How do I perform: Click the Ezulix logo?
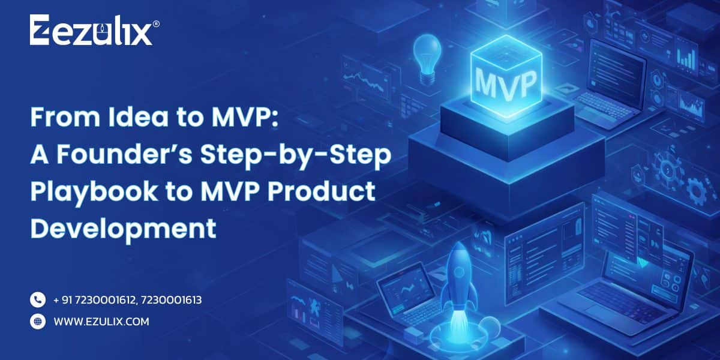click(90, 31)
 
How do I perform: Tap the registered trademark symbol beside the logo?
click(156, 23)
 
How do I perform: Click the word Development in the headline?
click(123, 229)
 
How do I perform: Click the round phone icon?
click(38, 299)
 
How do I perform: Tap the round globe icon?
click(38, 322)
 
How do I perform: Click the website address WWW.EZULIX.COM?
click(101, 322)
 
